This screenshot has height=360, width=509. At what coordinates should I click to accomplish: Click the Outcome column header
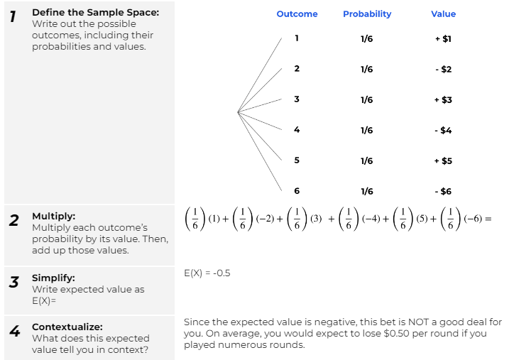click(x=297, y=13)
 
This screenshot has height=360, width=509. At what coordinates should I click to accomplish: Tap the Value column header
click(x=443, y=13)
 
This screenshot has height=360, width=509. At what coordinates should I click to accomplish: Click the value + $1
click(x=443, y=39)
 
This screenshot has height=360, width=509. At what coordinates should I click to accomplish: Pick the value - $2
click(x=443, y=70)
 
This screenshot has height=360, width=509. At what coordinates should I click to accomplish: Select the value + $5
click(x=443, y=160)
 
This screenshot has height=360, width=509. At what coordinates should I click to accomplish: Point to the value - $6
click(x=443, y=191)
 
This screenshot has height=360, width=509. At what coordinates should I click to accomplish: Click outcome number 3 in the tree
click(x=297, y=99)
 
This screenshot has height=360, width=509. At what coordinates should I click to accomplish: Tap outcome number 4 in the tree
click(x=297, y=130)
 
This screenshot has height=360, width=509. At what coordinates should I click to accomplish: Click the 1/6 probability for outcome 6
click(x=366, y=191)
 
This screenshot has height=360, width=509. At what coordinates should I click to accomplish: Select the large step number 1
click(x=13, y=16)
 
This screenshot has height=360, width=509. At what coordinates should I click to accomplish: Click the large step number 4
click(x=13, y=331)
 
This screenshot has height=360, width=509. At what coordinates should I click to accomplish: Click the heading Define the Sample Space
click(x=95, y=13)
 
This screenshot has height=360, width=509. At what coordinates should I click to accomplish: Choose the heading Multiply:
click(x=53, y=216)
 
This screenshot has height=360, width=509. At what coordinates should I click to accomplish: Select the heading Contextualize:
click(x=67, y=327)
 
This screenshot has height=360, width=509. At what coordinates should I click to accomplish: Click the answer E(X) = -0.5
click(x=207, y=273)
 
